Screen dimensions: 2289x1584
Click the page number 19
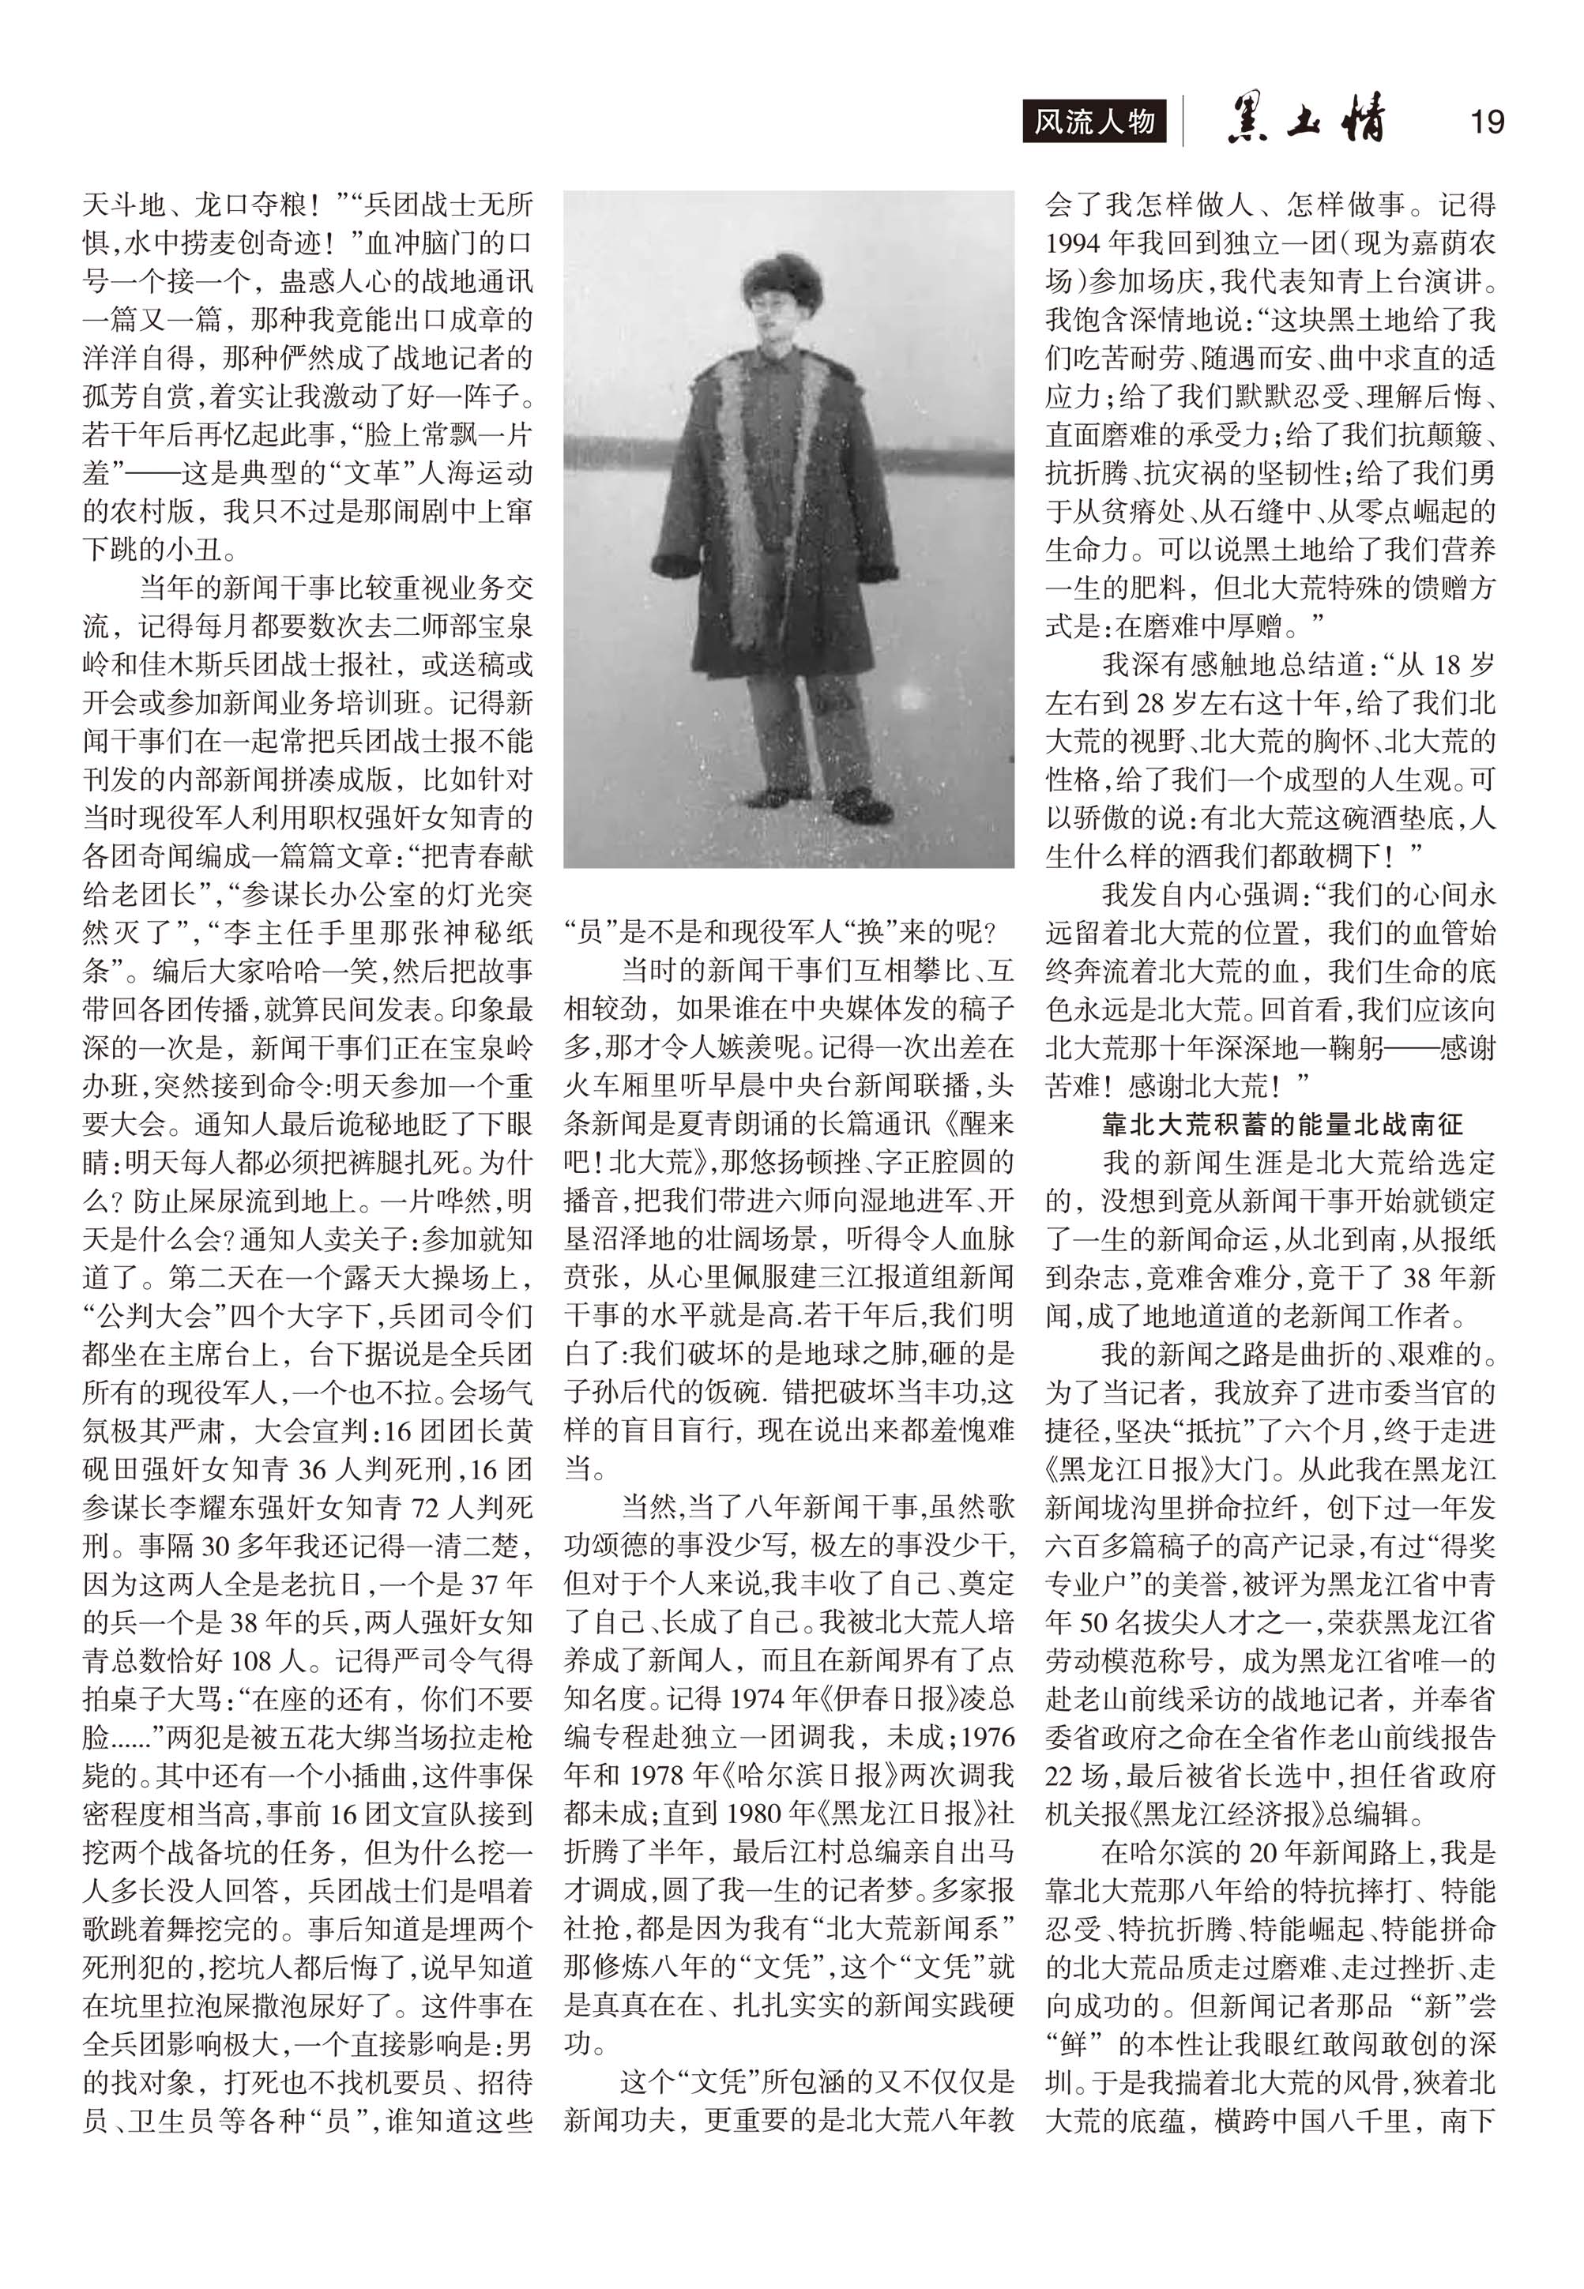pos(1486,122)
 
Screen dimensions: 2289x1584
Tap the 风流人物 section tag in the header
pos(1095,122)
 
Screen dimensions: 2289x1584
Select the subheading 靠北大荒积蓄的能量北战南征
pos(1282,1124)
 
